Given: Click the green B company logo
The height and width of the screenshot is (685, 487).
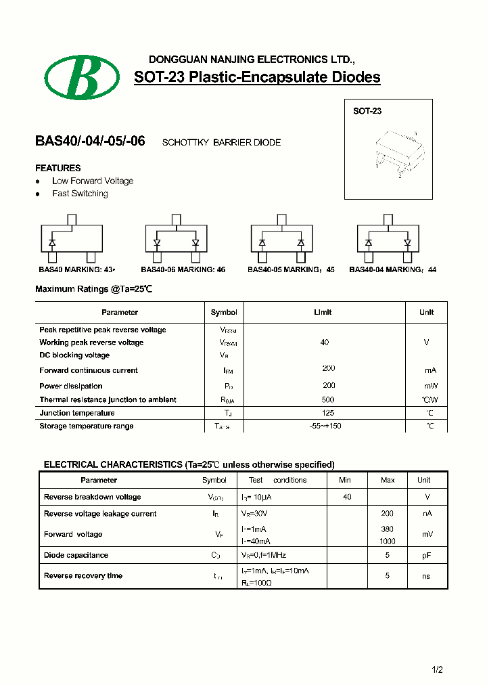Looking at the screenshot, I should point(83,77).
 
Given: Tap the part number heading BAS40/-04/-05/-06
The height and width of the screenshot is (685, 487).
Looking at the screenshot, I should point(90,142).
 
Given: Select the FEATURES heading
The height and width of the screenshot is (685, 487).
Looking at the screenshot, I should point(58,168).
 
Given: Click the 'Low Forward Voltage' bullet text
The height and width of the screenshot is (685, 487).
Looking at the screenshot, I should point(93,181).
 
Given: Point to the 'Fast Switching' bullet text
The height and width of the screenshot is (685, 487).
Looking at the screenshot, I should point(80,194).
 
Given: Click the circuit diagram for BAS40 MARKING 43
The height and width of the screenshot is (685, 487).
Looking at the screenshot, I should point(72,238).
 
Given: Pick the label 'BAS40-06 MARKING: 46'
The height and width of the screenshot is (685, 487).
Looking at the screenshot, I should point(183,269).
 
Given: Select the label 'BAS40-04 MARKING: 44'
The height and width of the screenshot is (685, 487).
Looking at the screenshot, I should point(392,269).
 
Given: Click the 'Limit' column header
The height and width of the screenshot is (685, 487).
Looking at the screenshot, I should point(323,312).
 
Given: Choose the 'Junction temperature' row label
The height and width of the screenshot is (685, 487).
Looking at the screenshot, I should point(77,413).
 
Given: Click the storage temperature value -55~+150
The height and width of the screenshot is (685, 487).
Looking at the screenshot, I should point(325,426).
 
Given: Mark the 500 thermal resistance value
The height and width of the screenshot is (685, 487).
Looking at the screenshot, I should point(328,399).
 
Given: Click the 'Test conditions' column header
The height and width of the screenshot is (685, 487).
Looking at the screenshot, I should point(277,480).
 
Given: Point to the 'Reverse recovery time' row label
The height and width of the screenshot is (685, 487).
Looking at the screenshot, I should point(83,575).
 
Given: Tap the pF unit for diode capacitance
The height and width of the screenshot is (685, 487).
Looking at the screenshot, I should point(427,555).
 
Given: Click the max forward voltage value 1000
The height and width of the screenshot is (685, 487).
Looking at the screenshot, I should point(388,542).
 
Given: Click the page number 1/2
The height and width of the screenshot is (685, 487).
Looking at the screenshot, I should point(437,670).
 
